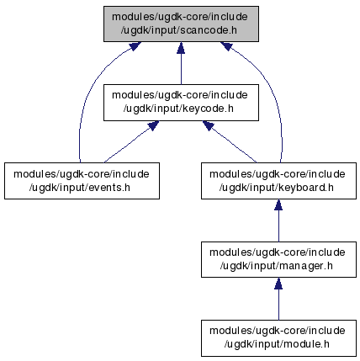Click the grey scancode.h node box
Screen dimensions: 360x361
point(181,24)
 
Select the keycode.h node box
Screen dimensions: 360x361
point(181,103)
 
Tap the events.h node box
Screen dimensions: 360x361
point(82,181)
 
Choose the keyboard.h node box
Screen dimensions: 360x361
point(278,181)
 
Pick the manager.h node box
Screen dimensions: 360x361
point(278,259)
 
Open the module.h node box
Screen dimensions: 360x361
point(278,338)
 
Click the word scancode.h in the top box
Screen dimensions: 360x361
point(209,30)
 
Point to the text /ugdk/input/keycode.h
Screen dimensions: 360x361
point(178,109)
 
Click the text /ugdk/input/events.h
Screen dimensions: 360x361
point(80,188)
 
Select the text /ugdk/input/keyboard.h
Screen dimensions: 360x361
point(277,188)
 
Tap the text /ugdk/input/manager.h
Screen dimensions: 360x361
point(277,266)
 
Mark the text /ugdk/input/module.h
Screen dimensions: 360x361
point(277,344)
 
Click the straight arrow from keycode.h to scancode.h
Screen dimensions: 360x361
point(181,63)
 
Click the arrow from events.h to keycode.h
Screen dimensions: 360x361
point(131,142)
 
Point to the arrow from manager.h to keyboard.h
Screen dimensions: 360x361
point(278,220)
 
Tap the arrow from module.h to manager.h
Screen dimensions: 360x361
point(278,299)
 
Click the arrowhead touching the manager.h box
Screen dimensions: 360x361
point(278,284)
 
